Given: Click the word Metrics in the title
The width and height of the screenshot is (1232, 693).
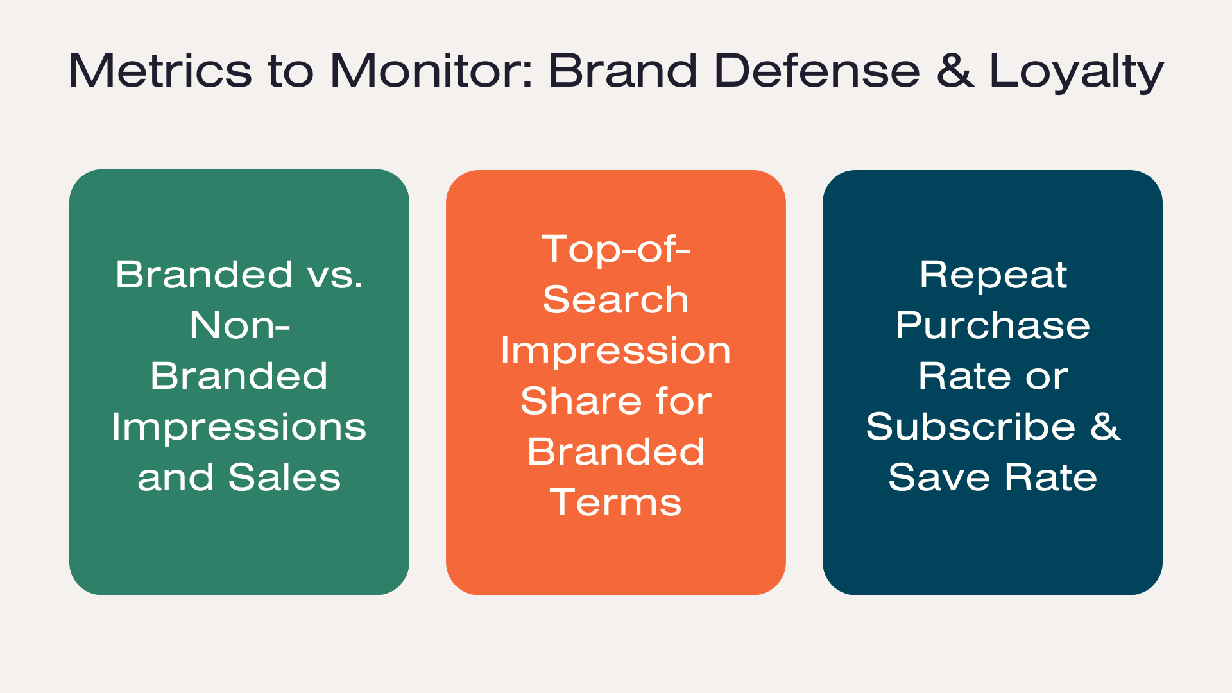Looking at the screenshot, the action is pos(160,70).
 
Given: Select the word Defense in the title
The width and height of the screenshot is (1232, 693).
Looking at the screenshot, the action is pos(817,70).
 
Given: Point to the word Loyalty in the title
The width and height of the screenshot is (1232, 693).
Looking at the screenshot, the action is pos(1077,71).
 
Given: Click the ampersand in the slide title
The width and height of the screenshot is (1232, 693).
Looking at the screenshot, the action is pos(955,70).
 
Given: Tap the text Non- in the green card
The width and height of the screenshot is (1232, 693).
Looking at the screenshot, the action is pos(239,325).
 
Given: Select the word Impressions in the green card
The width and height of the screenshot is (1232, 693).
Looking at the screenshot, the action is pos(239,429).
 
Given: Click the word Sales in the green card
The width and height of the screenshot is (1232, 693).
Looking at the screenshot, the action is pos(284,477).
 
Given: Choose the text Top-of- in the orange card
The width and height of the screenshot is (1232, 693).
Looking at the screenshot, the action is pos(616,249).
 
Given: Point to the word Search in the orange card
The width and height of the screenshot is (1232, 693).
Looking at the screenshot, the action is pos(616,300).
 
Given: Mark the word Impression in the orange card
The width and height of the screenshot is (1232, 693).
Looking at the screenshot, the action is pos(616,352).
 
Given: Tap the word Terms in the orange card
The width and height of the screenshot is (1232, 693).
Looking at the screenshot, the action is pos(616,502).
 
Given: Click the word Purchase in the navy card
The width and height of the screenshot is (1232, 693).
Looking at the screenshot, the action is pos(993,325).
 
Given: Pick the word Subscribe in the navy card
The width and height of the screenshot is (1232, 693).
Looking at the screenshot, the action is pos(970,427).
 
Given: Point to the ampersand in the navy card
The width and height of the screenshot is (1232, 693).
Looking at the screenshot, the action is pos(1105,427).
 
